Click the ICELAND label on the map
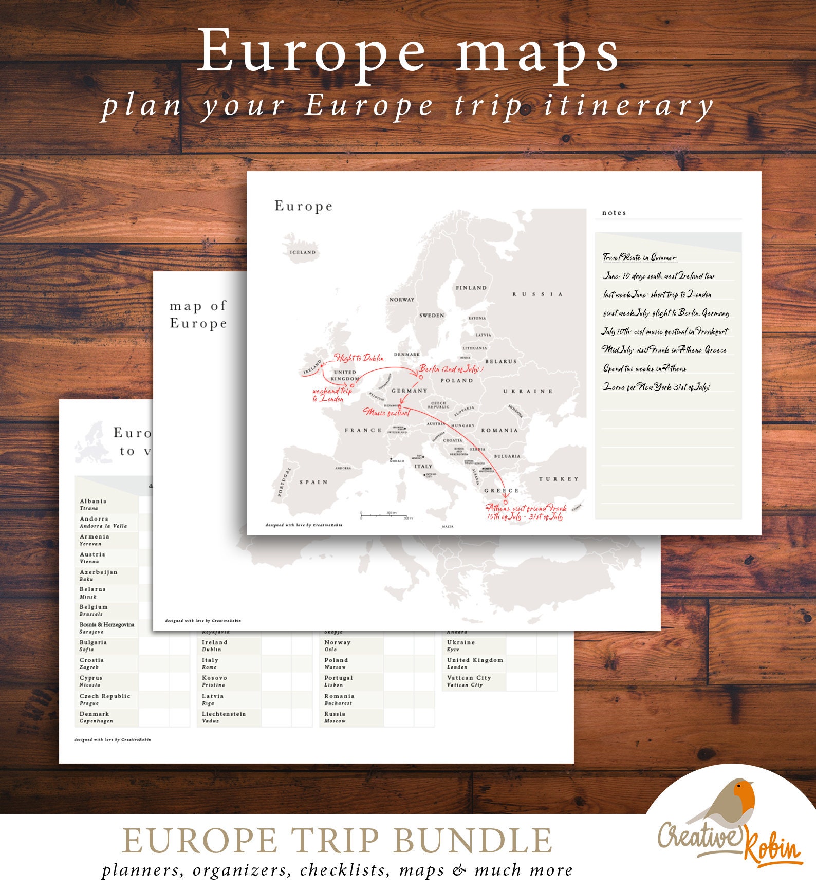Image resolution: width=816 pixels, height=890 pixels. pos(303,252)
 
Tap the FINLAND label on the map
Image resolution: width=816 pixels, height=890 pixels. pos(471,288)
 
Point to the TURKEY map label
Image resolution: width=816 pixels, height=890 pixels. pos(559,479)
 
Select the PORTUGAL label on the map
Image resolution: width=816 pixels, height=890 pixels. pos(284,483)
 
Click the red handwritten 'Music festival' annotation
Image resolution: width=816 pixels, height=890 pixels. pos(387,413)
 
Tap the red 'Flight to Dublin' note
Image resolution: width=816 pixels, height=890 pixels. pos(359,358)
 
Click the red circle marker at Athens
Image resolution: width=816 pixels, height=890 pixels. pos(505,502)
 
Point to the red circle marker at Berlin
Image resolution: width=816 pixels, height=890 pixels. pos(421,377)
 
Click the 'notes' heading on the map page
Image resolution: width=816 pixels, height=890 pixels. pos(614,213)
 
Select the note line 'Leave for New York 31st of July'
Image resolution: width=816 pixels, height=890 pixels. pos(656,387)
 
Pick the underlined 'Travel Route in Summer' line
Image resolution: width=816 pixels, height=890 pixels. pos(640,257)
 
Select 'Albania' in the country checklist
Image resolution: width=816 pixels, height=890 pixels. pos(93,501)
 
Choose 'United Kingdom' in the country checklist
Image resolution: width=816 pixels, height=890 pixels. pos(475,660)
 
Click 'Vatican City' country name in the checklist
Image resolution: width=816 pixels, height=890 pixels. pos(469,678)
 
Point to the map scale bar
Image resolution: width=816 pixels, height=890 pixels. pos(384,515)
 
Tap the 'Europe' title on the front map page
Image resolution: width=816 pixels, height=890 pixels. pos(303,206)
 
